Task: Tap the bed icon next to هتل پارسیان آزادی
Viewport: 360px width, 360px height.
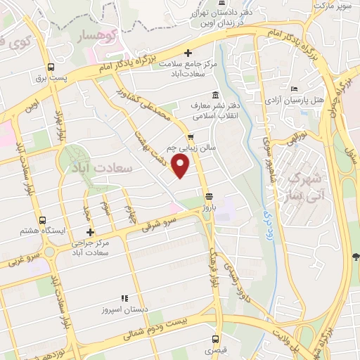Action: coord(295,89)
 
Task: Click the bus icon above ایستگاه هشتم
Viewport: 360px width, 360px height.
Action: coord(44,221)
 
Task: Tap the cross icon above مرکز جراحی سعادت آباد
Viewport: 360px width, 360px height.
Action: coord(90,232)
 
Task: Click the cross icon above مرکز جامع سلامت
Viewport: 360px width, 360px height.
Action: coord(188,53)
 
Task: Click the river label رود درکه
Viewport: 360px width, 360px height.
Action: coord(267,226)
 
